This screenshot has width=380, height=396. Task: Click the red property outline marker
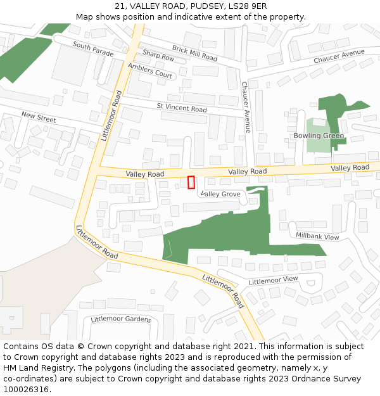pos(191,182)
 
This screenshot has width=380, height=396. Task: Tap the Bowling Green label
pos(319,136)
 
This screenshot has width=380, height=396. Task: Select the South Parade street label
pos(93,49)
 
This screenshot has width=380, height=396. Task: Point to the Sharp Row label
pos(158,56)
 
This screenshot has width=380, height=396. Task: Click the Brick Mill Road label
pos(194,53)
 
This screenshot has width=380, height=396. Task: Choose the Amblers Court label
pos(150,70)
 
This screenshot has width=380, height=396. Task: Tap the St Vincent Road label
pos(182,108)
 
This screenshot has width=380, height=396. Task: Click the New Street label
pos(39,117)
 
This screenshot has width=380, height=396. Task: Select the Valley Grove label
pos(220,194)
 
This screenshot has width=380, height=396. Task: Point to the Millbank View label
pos(318,236)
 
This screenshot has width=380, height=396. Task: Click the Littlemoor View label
pos(273,279)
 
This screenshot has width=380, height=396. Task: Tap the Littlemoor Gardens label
pos(120,319)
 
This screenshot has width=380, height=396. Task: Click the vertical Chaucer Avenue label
pos(246,107)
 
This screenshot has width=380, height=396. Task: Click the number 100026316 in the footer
pos(27,389)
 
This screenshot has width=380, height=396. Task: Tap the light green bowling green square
pos(318,135)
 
